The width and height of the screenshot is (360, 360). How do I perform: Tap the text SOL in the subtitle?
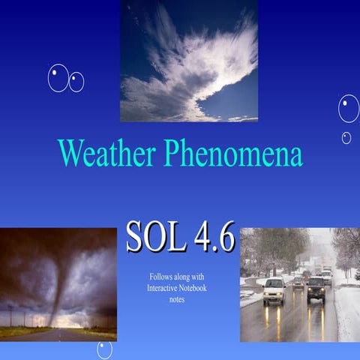coord(154,237)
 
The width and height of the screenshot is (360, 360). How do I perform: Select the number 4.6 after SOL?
coord(213,237)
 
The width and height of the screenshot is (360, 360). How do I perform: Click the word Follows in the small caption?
coord(163,277)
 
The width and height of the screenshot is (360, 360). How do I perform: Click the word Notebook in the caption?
coord(193,288)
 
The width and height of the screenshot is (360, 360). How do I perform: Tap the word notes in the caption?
coord(177,299)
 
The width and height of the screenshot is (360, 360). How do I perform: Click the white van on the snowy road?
coord(274,289)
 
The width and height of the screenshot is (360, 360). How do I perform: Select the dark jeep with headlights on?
coord(316,287)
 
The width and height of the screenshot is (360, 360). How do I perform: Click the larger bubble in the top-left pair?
coord(58,78)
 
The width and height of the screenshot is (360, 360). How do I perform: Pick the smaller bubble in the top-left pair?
coord(76,82)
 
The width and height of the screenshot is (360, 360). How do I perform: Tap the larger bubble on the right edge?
coord(348,109)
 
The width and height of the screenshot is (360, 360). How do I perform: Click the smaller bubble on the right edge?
coord(346,138)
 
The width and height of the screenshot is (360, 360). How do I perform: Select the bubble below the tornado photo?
coord(104,349)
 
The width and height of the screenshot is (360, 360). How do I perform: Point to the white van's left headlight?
coord(266,293)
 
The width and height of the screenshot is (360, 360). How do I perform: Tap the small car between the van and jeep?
coord(298,283)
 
